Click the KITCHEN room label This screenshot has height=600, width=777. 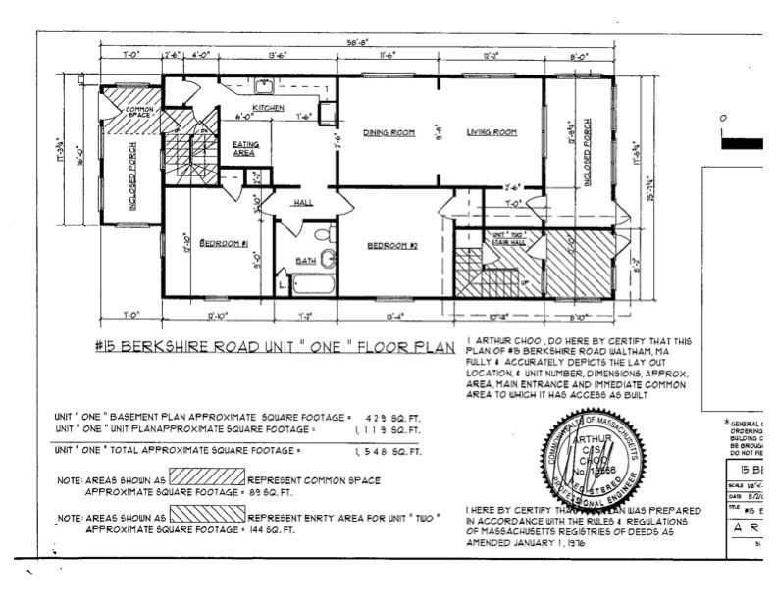pos(268,107)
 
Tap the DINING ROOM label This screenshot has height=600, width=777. pos(385,132)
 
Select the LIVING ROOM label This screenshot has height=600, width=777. pos(492,132)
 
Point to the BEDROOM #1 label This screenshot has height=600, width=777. pos(223,242)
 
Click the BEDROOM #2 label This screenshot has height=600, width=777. pos(392,246)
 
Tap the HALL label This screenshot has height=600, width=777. pos(303,203)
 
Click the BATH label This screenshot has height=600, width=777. pos(306,261)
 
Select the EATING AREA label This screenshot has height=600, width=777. pos(245,149)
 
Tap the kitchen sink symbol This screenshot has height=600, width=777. pos(265,86)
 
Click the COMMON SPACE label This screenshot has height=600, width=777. pos(127,113)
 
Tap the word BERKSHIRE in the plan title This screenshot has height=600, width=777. pos(196,345)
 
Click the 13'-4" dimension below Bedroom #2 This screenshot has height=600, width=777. pos(395,315)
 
